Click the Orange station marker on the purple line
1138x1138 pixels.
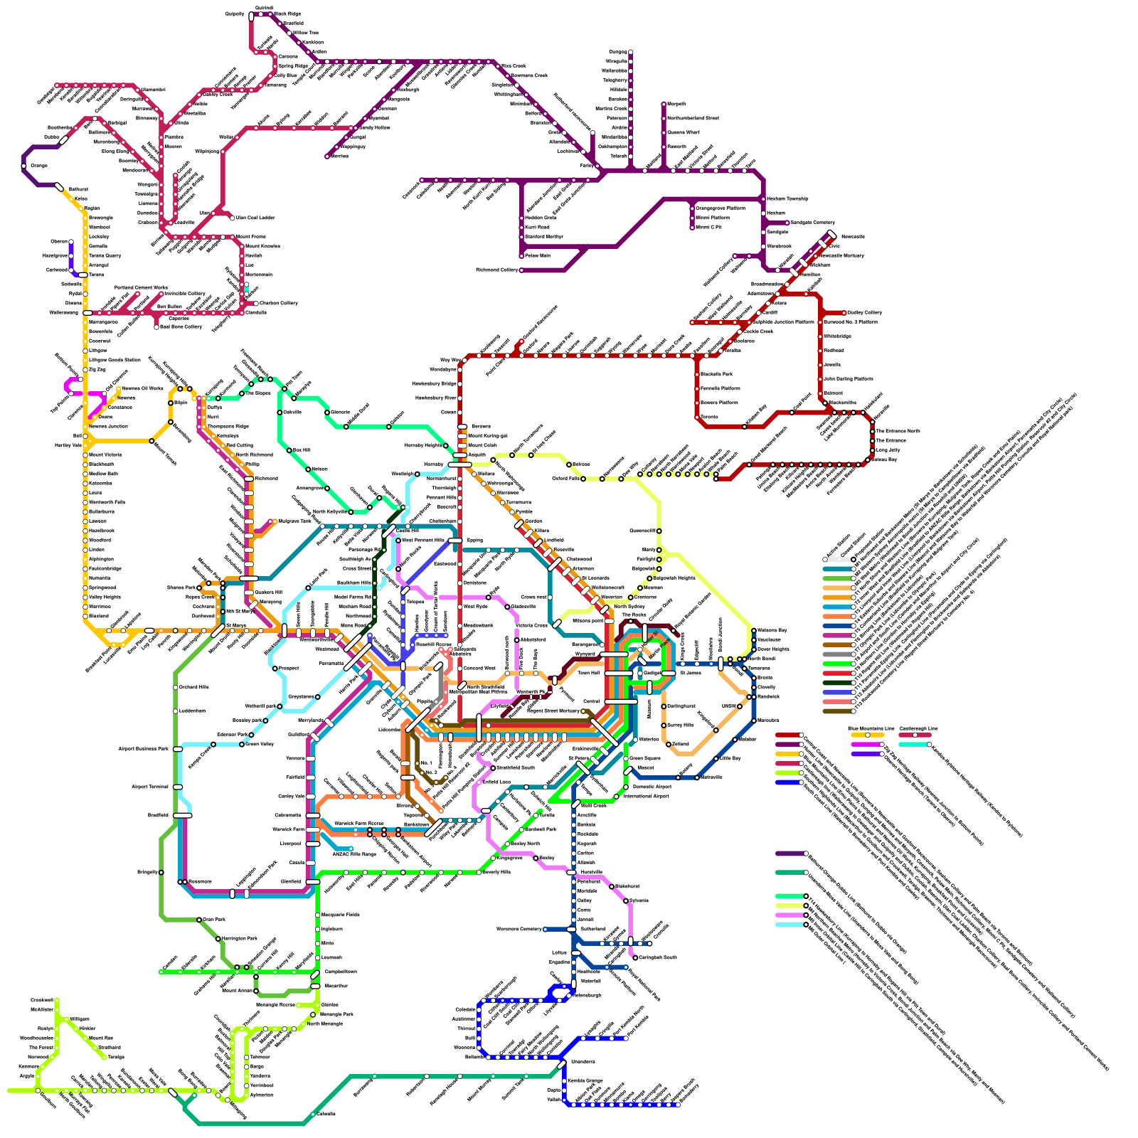coord(24,166)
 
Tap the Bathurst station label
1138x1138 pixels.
coord(78,190)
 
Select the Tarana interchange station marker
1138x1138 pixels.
coord(83,275)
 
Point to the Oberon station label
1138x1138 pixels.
coord(59,242)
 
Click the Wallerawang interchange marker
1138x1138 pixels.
coord(87,312)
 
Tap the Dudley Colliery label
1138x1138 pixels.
coord(864,312)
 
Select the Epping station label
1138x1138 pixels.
coord(474,540)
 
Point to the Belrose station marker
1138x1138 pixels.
coord(569,464)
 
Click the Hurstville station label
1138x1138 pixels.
coord(591,872)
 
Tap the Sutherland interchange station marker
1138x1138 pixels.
coord(571,929)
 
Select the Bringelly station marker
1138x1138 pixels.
coord(161,872)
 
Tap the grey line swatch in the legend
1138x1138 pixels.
coord(837,654)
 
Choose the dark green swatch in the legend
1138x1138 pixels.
coord(837,683)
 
